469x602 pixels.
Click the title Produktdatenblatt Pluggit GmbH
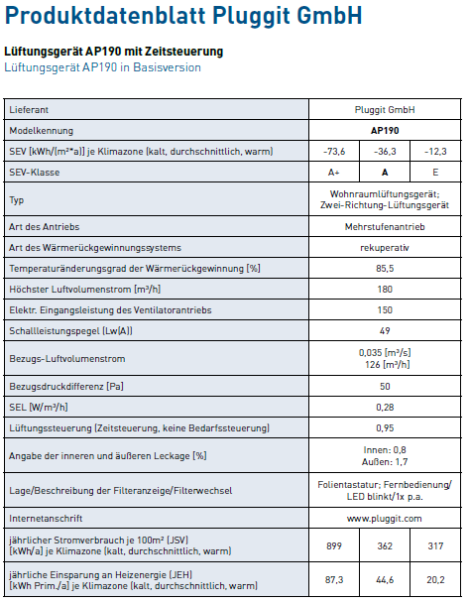click(x=183, y=16)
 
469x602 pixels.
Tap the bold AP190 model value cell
click(x=386, y=131)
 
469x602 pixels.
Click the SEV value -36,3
click(x=386, y=151)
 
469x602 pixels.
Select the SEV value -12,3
click(x=435, y=151)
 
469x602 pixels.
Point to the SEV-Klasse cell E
click(x=435, y=172)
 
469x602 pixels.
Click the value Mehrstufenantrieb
click(x=386, y=227)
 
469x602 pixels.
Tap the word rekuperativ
click(x=386, y=247)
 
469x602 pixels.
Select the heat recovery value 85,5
click(x=386, y=268)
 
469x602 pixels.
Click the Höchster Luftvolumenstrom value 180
click(x=386, y=289)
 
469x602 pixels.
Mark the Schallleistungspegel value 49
click(x=386, y=329)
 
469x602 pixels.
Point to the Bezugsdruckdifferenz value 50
click(x=386, y=385)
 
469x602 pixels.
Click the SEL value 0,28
click(x=386, y=406)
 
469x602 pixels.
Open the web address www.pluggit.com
click(x=386, y=518)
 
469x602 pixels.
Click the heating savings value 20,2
click(x=435, y=580)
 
